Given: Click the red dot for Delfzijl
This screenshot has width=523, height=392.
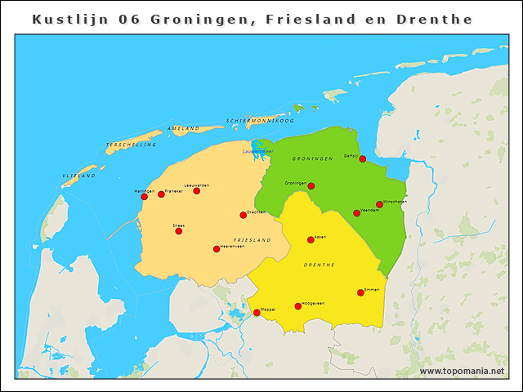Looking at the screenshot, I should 363,159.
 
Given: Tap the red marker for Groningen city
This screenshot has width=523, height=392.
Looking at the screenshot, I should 311,186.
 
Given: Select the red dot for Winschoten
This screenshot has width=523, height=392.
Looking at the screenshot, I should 379,204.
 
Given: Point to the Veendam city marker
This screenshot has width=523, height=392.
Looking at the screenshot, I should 356,213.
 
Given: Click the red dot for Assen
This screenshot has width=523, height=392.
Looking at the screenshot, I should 311,239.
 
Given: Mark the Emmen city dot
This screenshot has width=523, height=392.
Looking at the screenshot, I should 360,292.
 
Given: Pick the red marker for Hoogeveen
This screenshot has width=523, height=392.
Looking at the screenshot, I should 297,306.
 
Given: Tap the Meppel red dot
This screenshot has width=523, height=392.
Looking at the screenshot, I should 257,313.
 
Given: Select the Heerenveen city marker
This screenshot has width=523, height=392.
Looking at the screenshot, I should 217,249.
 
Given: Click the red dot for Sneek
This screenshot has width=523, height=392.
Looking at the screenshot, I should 178,231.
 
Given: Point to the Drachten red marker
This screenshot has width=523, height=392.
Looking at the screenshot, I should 243,216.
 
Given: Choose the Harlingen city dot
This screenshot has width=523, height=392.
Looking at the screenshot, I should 144,196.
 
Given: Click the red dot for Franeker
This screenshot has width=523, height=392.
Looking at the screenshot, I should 161,194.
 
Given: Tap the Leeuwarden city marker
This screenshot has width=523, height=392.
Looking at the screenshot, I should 196,191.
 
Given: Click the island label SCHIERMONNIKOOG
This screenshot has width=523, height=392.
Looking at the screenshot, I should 260,120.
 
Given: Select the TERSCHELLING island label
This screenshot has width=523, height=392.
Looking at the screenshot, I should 131,145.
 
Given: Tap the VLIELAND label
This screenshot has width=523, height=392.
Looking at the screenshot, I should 79,176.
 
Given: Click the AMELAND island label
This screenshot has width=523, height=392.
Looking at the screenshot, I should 183,129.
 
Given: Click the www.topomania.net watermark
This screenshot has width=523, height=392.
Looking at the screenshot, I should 462,372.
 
